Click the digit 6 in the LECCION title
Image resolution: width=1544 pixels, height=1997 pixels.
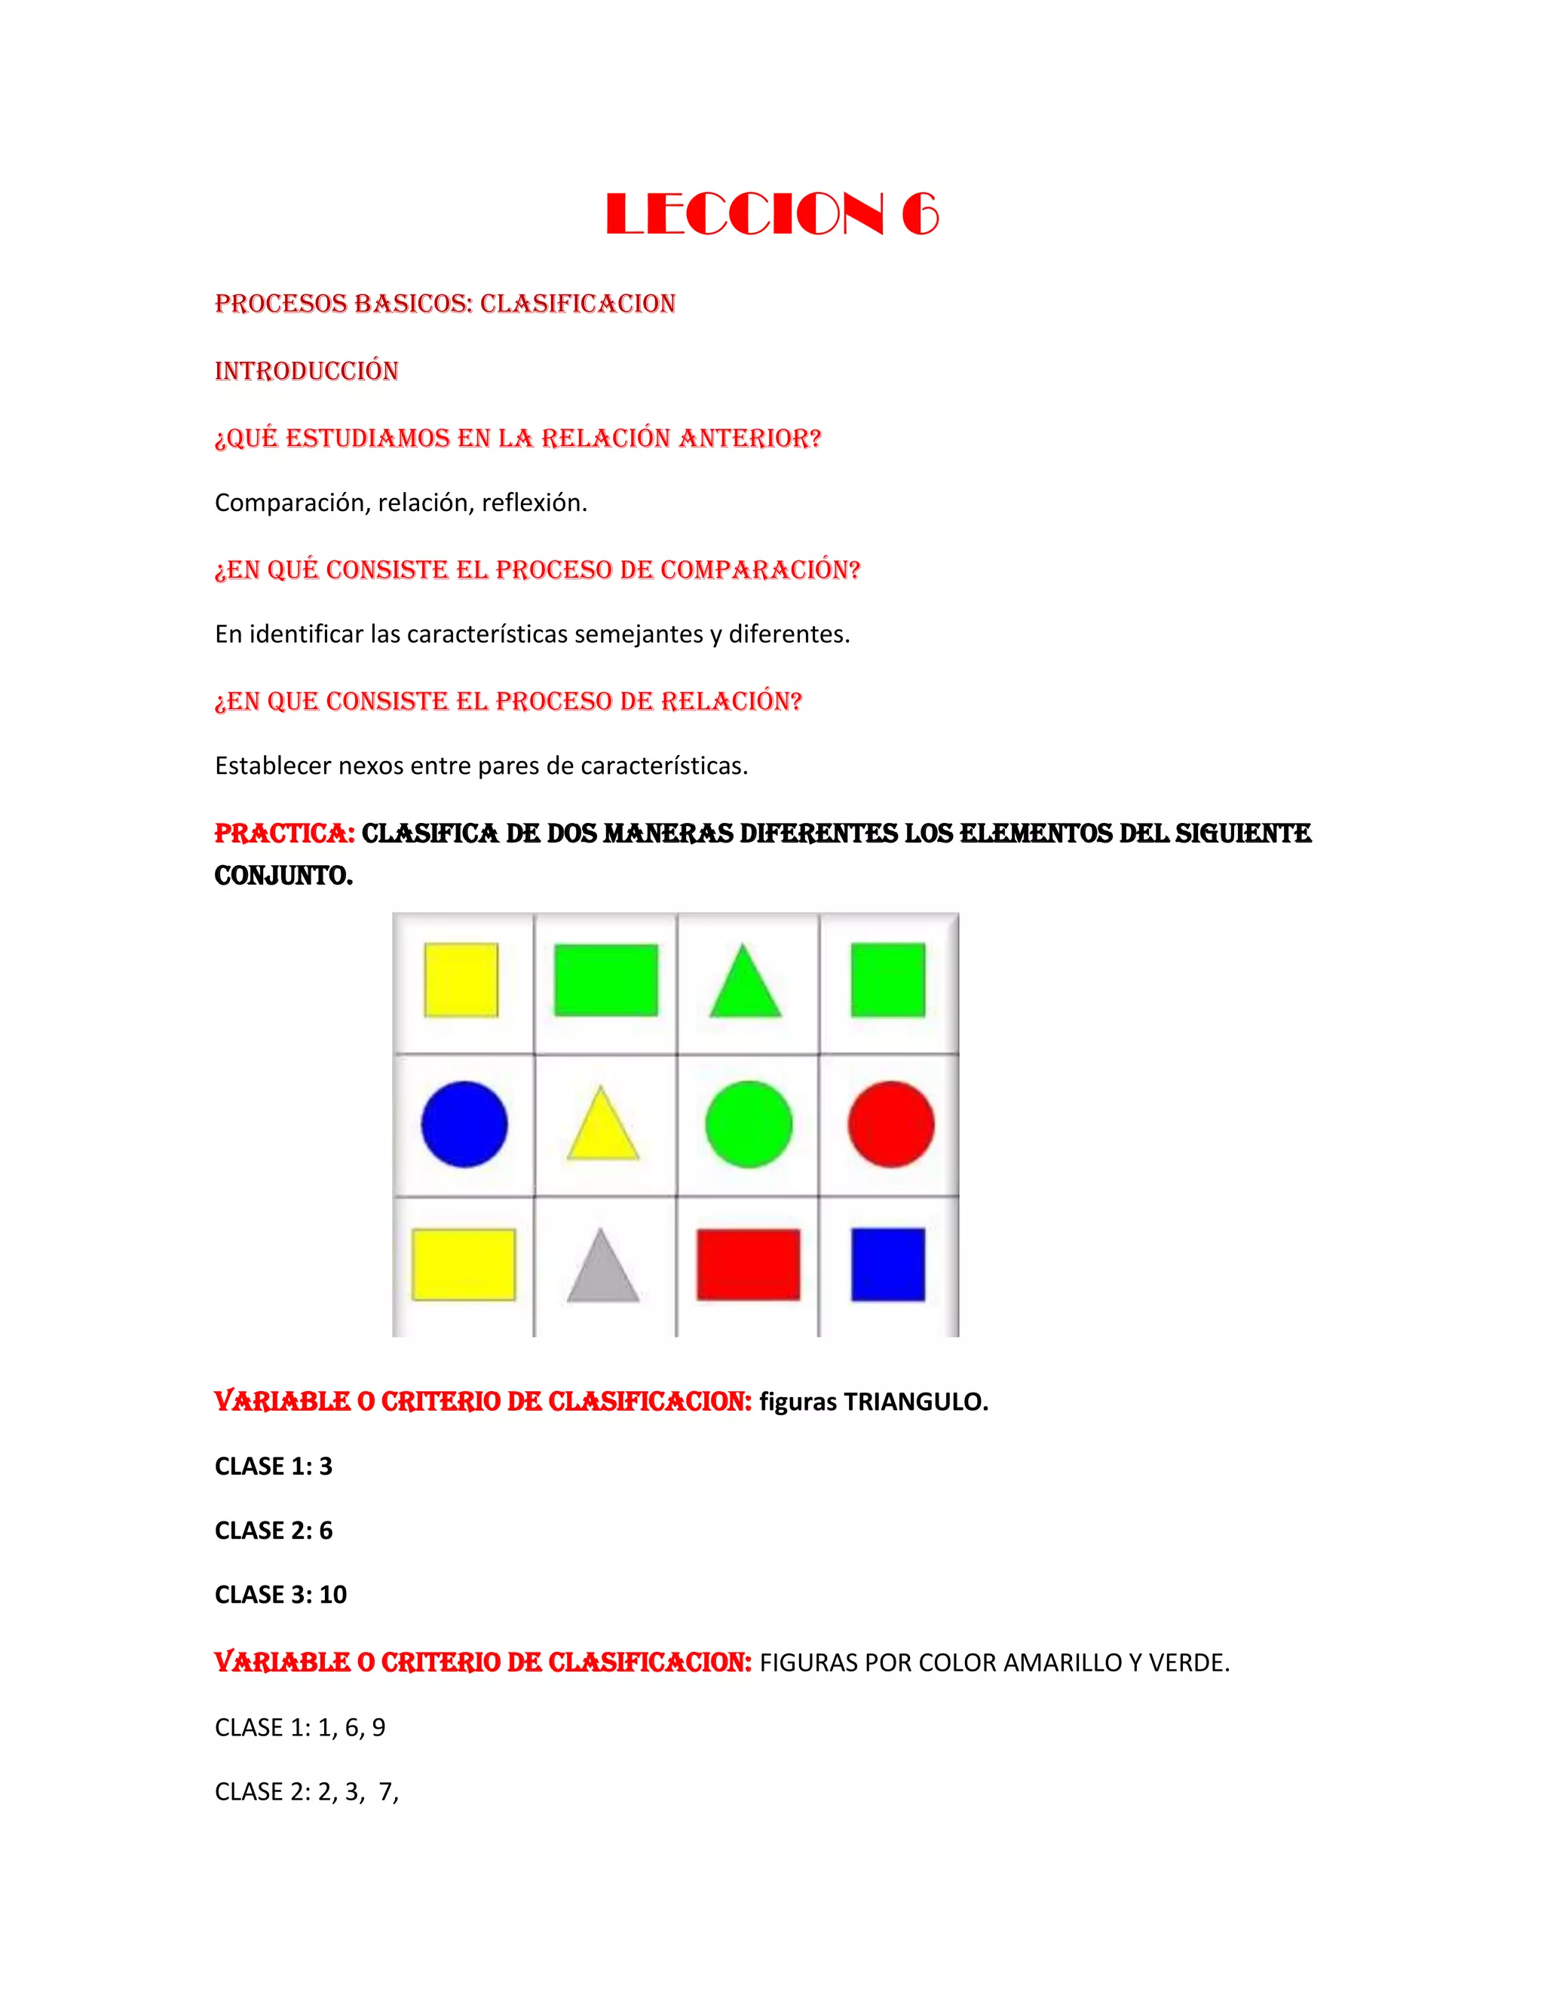pyautogui.click(x=919, y=215)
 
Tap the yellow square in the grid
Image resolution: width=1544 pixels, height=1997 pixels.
pyautogui.click(x=461, y=980)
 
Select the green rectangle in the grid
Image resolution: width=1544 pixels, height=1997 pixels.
pyautogui.click(x=605, y=980)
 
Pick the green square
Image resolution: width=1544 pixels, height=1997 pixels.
pyautogui.click(x=887, y=980)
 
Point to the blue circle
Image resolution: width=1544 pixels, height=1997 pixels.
pyautogui.click(x=464, y=1124)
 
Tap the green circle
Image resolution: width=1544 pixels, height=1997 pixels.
pyautogui.click(x=748, y=1124)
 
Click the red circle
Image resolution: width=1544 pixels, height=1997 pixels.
pyautogui.click(x=891, y=1124)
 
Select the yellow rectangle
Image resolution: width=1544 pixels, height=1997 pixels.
pyautogui.click(x=463, y=1265)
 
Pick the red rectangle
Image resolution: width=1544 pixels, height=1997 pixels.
pyautogui.click(x=748, y=1265)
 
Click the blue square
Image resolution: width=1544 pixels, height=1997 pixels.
pyautogui.click(x=887, y=1265)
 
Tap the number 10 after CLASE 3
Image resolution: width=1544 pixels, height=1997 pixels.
pyautogui.click(x=333, y=1595)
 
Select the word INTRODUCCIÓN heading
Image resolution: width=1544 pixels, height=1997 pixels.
pyautogui.click(x=306, y=372)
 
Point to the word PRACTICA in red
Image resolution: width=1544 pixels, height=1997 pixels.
pyautogui.click(x=283, y=834)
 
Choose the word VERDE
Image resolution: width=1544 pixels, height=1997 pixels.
pyautogui.click(x=1188, y=1663)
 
